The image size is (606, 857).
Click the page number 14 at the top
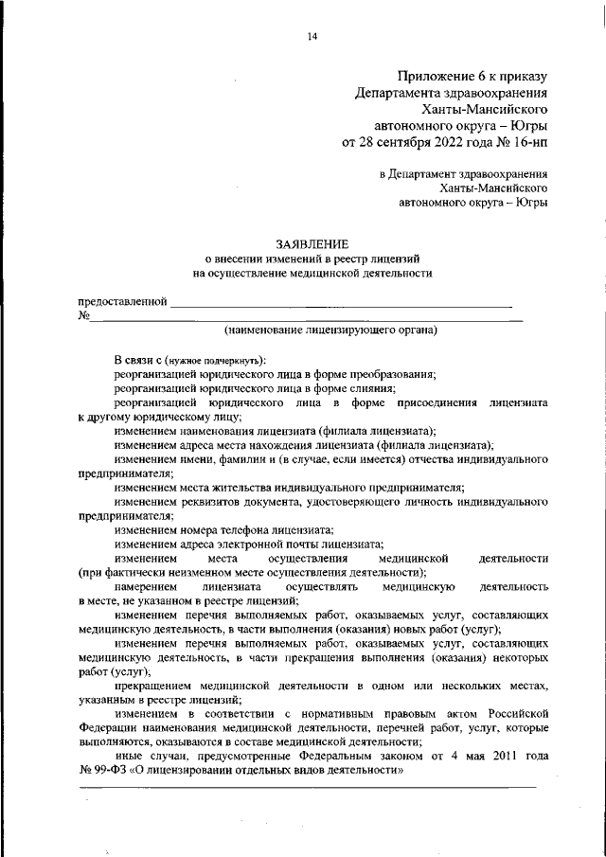[312, 37]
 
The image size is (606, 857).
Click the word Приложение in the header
[436, 75]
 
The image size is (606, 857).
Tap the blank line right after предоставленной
[341, 305]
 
